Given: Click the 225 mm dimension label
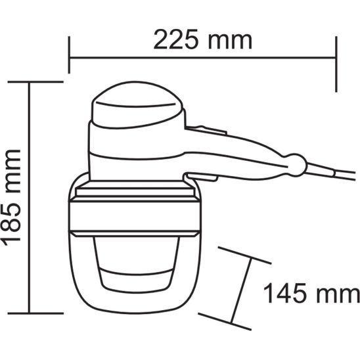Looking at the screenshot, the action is tap(203, 39).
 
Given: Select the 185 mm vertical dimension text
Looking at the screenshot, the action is tap(11, 198).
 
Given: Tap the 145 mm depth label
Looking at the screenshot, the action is tap(311, 293).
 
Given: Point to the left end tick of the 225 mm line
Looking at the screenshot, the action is tap(69, 55).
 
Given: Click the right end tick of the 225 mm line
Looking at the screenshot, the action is tap(336, 64).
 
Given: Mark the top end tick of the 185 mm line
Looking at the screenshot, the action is tap(35, 81).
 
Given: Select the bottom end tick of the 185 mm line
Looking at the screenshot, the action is tap(35, 313).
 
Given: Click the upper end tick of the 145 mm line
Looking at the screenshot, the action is tap(245, 256).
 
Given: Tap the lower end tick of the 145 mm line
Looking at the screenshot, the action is tap(225, 321).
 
